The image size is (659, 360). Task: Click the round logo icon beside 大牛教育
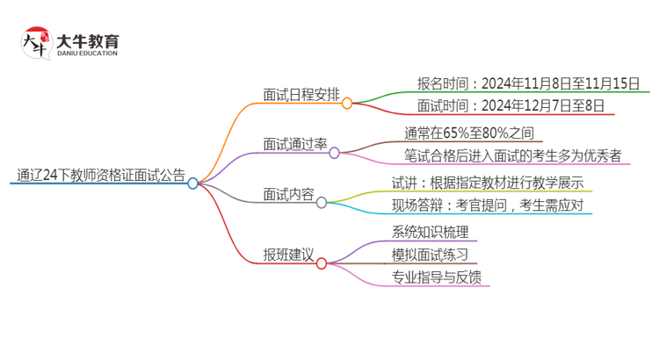(36, 43)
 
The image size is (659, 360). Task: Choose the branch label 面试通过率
(294, 144)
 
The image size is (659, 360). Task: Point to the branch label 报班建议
(288, 255)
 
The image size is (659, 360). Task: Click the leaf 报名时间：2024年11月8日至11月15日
(531, 84)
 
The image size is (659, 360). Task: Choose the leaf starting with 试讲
(488, 184)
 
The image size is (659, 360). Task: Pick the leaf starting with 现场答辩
(488, 206)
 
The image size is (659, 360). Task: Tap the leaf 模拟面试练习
(430, 256)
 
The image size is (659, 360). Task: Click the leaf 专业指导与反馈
(436, 277)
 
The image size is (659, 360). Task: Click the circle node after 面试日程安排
(347, 103)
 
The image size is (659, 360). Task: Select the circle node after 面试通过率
(334, 153)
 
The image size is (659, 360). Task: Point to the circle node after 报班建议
(322, 263)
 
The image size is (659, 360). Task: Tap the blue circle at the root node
(193, 183)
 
